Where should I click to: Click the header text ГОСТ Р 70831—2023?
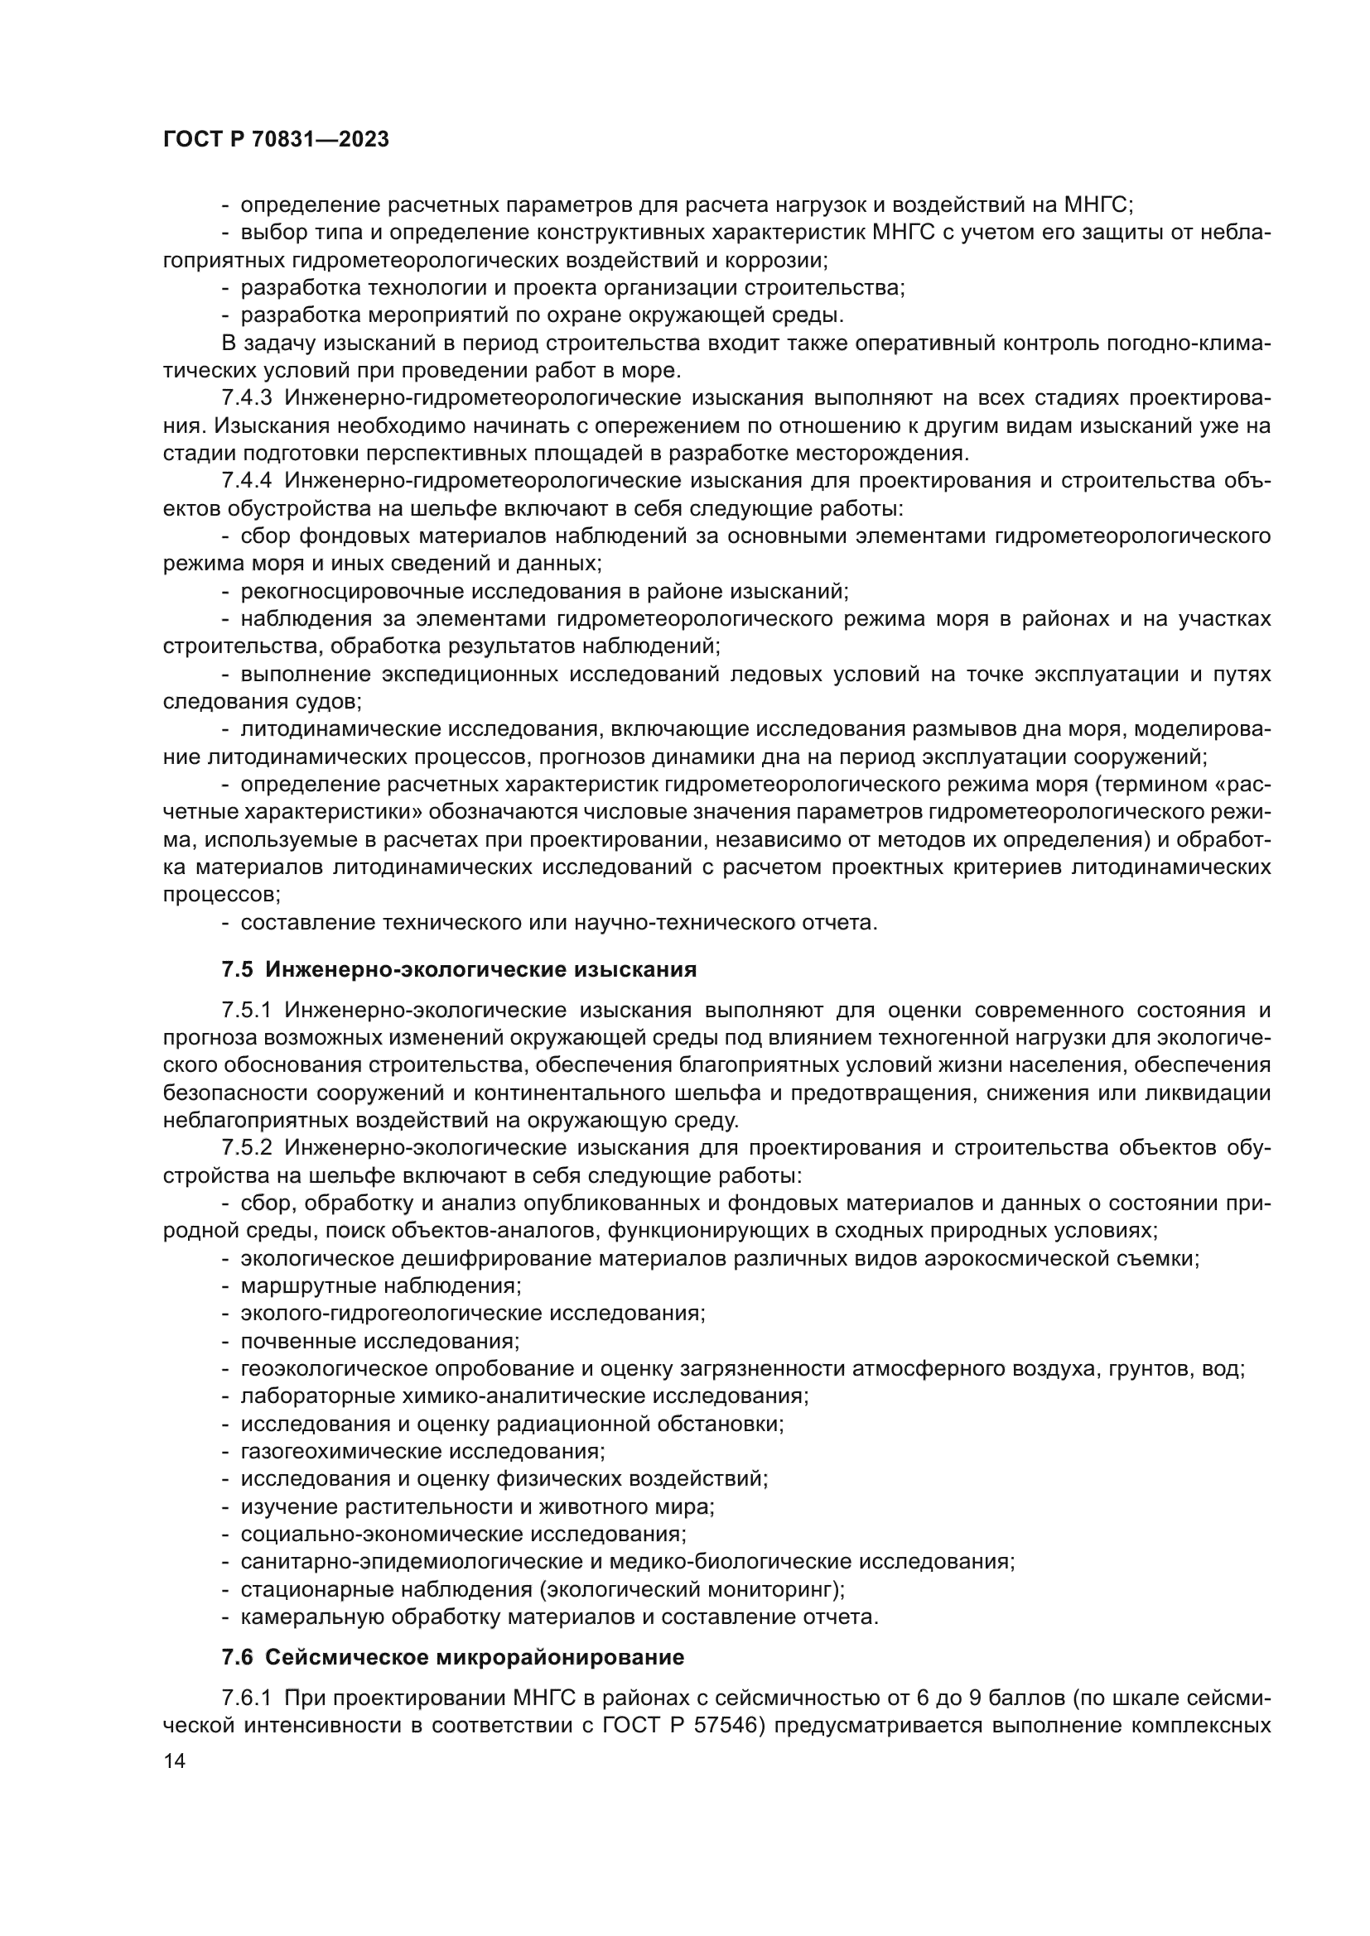(x=276, y=140)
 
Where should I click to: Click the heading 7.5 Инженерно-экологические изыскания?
(x=459, y=970)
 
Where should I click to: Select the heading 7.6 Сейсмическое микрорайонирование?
(x=452, y=1658)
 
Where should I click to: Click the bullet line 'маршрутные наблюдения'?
(x=380, y=1286)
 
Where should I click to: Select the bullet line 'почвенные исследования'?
(x=379, y=1341)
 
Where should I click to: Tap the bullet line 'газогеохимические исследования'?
(x=422, y=1451)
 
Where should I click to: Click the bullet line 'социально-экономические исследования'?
(x=463, y=1534)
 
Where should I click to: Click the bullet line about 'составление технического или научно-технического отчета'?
(x=558, y=922)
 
